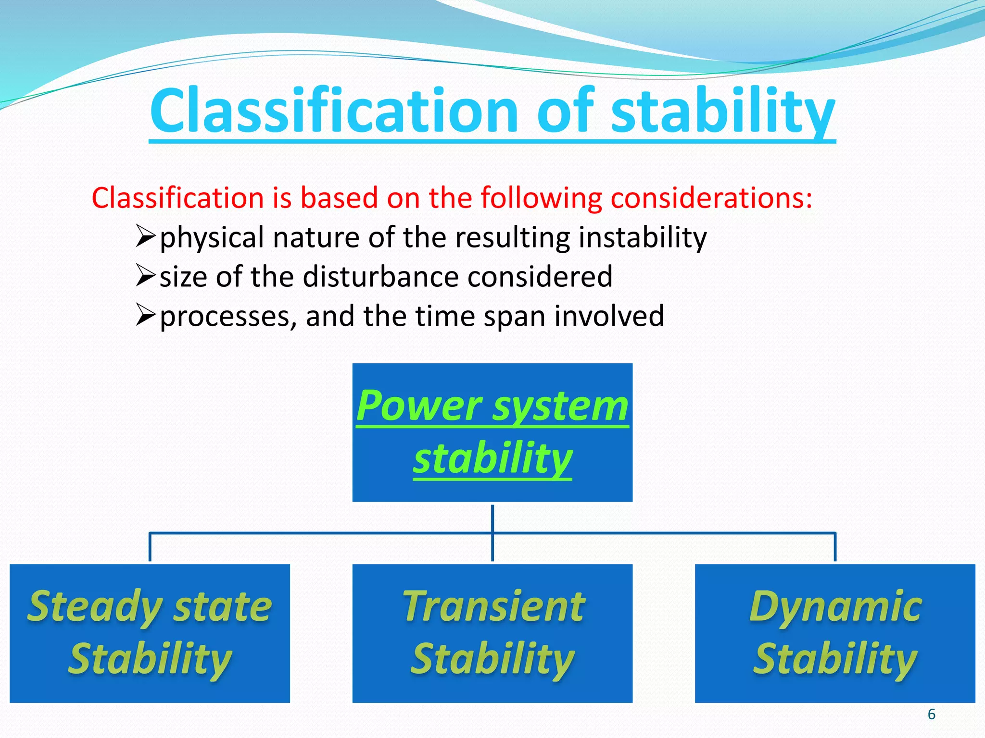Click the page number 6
coord(931,714)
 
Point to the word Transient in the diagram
coord(493,606)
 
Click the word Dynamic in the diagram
coord(835,606)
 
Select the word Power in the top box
coord(418,406)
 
